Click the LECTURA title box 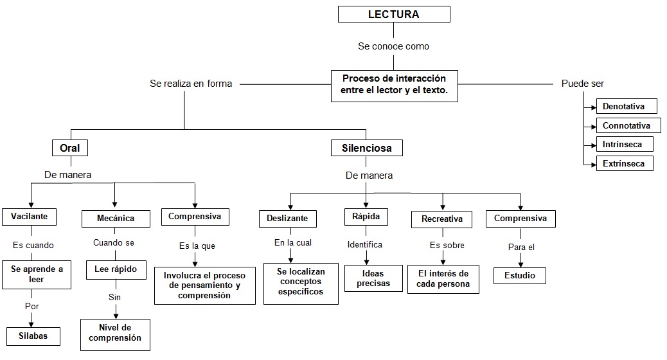click(393, 14)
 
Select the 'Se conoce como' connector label click(393, 46)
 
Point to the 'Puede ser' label click(582, 84)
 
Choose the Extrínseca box click(624, 164)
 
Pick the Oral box click(69, 148)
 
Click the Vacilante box click(29, 217)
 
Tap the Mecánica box click(116, 218)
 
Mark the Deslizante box click(287, 218)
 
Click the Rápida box click(366, 217)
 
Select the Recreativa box click(441, 219)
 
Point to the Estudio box click(520, 276)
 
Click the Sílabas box click(33, 336)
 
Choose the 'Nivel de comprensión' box click(115, 334)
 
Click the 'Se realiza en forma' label click(191, 84)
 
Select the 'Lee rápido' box click(115, 269)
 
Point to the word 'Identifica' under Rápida click(365, 244)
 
